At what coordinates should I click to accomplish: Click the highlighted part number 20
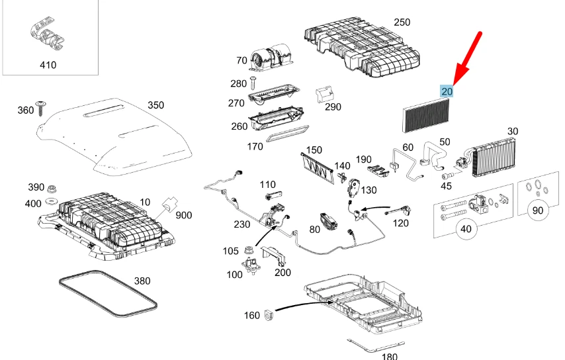[x=447, y=91]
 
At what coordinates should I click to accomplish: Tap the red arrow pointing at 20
[x=468, y=52]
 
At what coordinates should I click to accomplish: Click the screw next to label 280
[x=253, y=83]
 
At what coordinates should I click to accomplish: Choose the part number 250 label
[x=402, y=22]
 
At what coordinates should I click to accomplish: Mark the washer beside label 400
[x=52, y=201]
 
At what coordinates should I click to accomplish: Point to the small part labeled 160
[x=270, y=315]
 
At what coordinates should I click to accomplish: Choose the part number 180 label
[x=390, y=356]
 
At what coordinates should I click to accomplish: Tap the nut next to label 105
[x=250, y=250]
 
